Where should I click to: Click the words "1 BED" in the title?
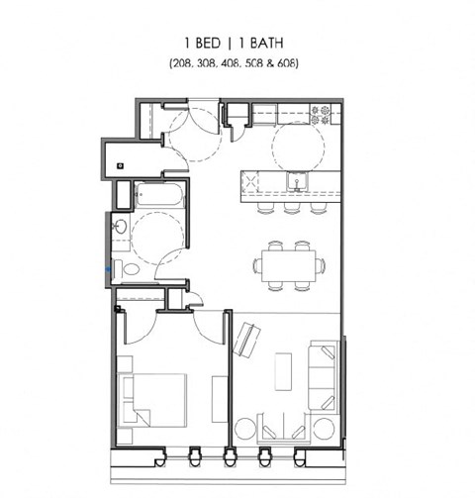(x=202, y=43)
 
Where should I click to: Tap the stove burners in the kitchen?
(x=320, y=114)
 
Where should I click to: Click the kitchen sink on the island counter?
(x=294, y=180)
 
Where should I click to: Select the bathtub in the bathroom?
(x=158, y=194)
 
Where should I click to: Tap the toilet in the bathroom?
(x=128, y=268)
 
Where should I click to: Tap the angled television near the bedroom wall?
(x=242, y=340)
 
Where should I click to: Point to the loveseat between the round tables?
(x=288, y=429)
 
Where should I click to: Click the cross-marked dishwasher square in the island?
(x=251, y=181)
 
